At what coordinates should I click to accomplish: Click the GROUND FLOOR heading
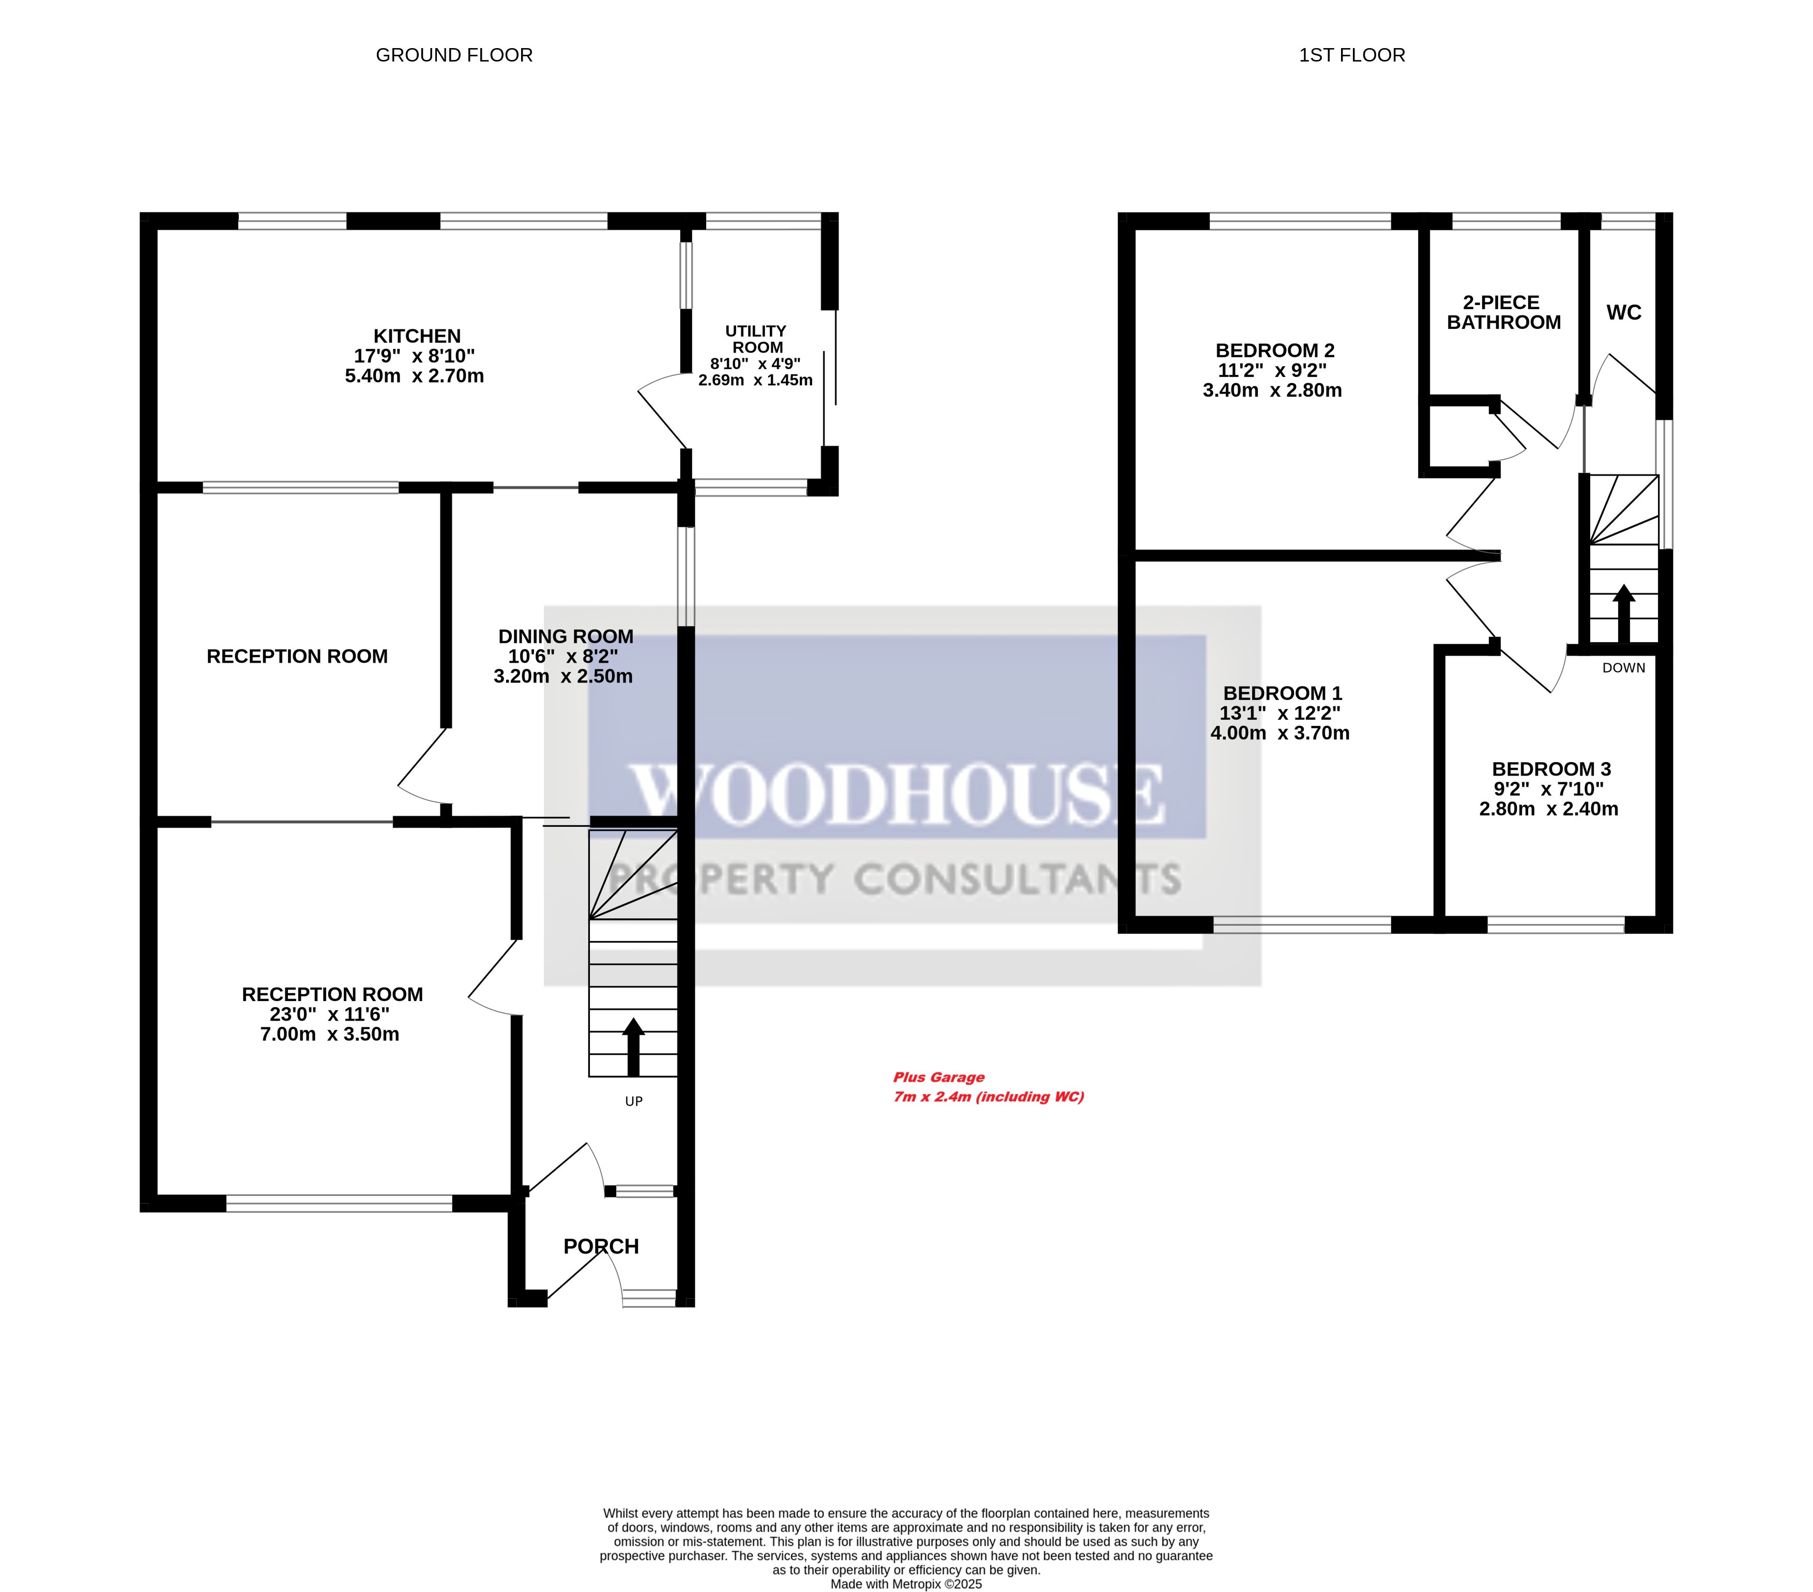(x=454, y=55)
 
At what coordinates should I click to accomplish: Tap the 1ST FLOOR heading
(x=1352, y=55)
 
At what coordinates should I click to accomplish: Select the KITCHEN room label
(x=417, y=336)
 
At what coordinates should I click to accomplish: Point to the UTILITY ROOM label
(x=756, y=339)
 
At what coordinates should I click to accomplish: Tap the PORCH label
(x=601, y=1246)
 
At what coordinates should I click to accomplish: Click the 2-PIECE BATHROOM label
(x=1503, y=312)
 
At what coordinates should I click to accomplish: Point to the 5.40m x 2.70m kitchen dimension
(x=414, y=376)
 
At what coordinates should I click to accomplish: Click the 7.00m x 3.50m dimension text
(x=329, y=1034)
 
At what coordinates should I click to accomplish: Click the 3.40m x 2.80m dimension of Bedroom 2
(x=1272, y=390)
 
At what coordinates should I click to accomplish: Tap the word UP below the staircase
(x=633, y=1101)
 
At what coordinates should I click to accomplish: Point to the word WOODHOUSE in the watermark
(x=896, y=792)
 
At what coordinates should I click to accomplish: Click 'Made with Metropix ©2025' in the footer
(x=906, y=1584)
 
